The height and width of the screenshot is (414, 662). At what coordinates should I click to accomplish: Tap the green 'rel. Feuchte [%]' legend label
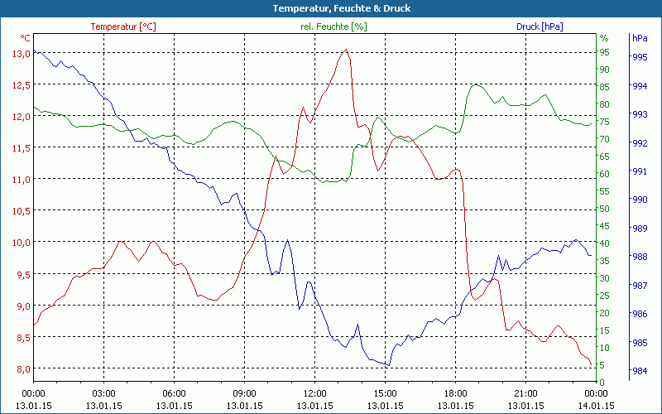tap(333, 26)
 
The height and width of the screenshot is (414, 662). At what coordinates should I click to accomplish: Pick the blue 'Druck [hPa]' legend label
tap(540, 26)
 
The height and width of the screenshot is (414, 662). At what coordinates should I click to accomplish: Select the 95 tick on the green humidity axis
tap(604, 52)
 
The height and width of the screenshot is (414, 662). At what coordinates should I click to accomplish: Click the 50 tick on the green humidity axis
tap(604, 209)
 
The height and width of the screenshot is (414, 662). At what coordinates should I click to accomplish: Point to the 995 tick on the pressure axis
tap(640, 57)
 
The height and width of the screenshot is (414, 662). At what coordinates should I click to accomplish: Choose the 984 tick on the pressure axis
tap(640, 370)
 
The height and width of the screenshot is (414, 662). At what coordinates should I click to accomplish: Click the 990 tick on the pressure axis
tap(640, 200)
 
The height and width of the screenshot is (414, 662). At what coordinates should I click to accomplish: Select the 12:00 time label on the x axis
tap(314, 393)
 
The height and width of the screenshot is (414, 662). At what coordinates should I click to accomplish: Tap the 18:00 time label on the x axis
tap(456, 393)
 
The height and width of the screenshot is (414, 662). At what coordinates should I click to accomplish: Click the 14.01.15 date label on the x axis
tap(597, 406)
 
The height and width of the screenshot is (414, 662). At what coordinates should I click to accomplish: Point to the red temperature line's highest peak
tap(346, 50)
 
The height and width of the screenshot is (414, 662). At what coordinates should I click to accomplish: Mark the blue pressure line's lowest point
tap(388, 365)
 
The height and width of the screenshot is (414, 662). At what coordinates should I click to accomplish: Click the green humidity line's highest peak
tap(476, 84)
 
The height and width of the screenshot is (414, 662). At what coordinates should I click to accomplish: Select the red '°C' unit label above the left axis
tap(25, 38)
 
